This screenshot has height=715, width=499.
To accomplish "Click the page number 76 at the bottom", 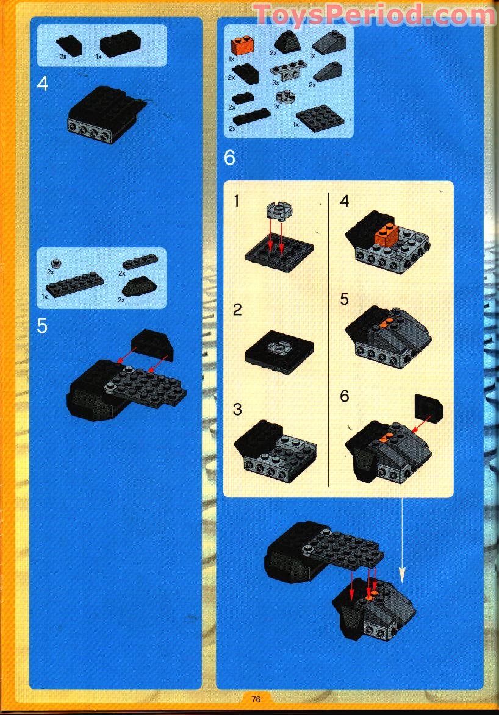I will coord(256,699).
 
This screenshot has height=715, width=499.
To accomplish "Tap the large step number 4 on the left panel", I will coord(42,84).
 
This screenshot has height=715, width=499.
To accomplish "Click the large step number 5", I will coord(41,325).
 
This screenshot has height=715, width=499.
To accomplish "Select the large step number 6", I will coord(229,158).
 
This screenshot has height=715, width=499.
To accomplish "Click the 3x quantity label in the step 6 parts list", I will coord(275,82).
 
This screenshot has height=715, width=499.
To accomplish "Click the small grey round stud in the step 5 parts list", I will coord(56,263).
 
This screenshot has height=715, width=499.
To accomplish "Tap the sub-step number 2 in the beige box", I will coord(238,309).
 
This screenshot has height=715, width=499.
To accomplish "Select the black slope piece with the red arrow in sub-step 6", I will coord(429,408).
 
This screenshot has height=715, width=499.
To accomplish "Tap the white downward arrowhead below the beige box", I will coord(402,574).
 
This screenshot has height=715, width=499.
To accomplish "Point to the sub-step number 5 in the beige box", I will coord(345,299).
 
